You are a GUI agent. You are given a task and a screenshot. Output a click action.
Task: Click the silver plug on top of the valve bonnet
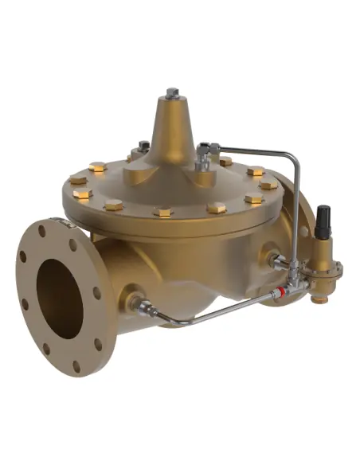click(x=172, y=93)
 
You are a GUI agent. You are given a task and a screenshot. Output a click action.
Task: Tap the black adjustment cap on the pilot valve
click(x=322, y=217)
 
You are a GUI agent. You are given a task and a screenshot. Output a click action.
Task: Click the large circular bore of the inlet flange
click(x=60, y=298)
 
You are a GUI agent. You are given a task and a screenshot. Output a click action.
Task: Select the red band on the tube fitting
click(x=277, y=294)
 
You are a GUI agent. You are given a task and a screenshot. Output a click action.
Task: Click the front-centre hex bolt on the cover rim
click(x=164, y=212)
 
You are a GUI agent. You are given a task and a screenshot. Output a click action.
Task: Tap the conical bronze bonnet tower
click(x=171, y=131)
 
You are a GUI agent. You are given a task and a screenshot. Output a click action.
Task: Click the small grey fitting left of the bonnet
click(x=143, y=147)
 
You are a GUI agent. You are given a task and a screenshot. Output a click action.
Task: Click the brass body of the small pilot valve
click(x=322, y=255)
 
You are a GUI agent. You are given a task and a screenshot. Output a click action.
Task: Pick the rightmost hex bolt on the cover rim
click(x=268, y=185)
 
